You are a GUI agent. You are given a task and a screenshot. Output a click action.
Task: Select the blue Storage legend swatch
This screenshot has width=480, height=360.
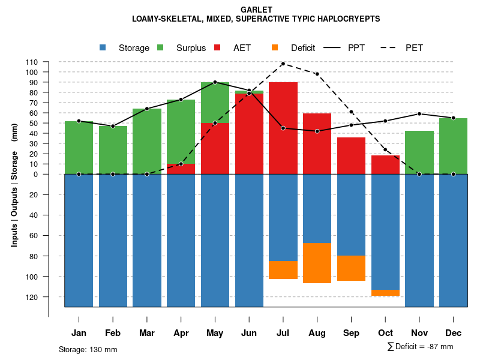pos(103,47)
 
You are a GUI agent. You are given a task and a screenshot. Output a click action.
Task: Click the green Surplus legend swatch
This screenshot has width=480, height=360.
pos(160,47)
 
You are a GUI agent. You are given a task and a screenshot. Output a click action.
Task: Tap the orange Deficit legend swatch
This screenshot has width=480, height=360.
pos(275,47)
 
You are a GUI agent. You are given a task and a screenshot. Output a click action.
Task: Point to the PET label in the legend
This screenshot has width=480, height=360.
pos(414,48)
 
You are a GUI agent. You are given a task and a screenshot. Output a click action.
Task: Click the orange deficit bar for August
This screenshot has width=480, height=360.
pos(317,263)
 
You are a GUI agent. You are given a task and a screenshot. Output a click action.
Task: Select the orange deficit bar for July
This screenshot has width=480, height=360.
pos(283,270)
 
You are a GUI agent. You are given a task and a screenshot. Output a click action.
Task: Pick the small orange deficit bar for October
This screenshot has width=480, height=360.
pos(385,293)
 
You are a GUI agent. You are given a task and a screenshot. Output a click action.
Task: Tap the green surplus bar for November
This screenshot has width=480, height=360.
pos(419,152)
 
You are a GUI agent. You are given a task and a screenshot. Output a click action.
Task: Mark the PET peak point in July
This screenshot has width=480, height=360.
pos(283,64)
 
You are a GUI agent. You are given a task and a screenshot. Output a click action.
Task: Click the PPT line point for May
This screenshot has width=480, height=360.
pos(215,82)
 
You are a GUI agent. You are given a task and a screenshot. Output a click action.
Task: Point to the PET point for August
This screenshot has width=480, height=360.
pos(317,74)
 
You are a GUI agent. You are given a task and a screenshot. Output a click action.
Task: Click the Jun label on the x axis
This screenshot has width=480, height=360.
pos(249,333)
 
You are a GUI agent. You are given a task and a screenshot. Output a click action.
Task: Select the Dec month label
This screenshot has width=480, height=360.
pos(453,333)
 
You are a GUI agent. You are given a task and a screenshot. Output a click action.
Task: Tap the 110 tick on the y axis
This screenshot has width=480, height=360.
pos(32,62)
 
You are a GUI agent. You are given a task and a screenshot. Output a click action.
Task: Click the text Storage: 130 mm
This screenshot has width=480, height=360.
pos(88,349)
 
